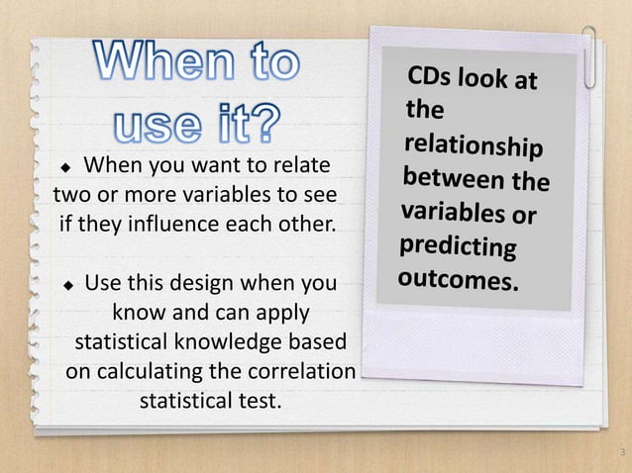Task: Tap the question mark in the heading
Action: click(x=263, y=124)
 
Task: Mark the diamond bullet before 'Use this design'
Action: click(x=69, y=287)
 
